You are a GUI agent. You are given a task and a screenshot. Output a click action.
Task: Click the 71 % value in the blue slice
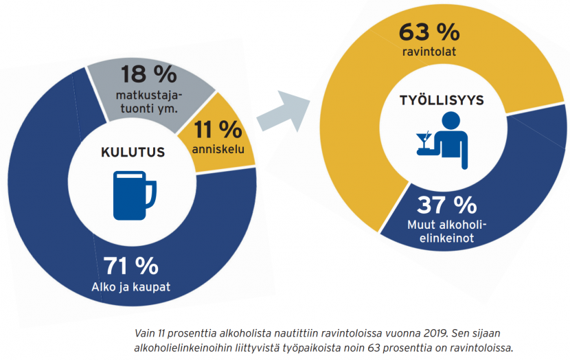(x=130, y=265)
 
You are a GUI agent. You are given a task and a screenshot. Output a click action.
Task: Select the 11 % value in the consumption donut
(x=218, y=129)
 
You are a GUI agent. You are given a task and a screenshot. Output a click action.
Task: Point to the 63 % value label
(x=429, y=32)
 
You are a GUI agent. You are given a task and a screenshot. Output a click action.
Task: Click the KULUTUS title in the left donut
(x=133, y=152)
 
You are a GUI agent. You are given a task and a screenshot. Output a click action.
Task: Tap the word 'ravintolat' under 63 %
(x=430, y=52)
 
